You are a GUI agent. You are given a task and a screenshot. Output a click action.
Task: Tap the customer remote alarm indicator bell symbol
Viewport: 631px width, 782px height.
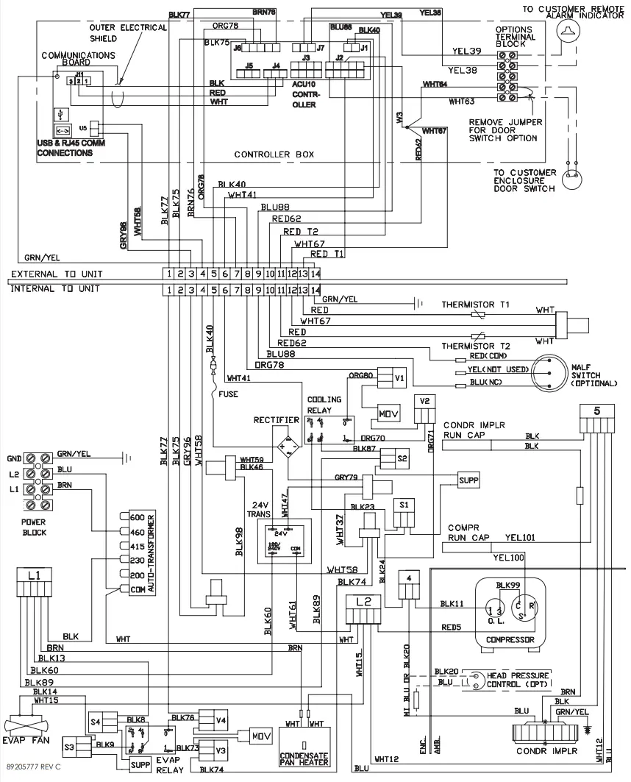pyautogui.click(x=566, y=28)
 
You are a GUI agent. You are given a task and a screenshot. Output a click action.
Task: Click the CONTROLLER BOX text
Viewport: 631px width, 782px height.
pyautogui.click(x=274, y=155)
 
